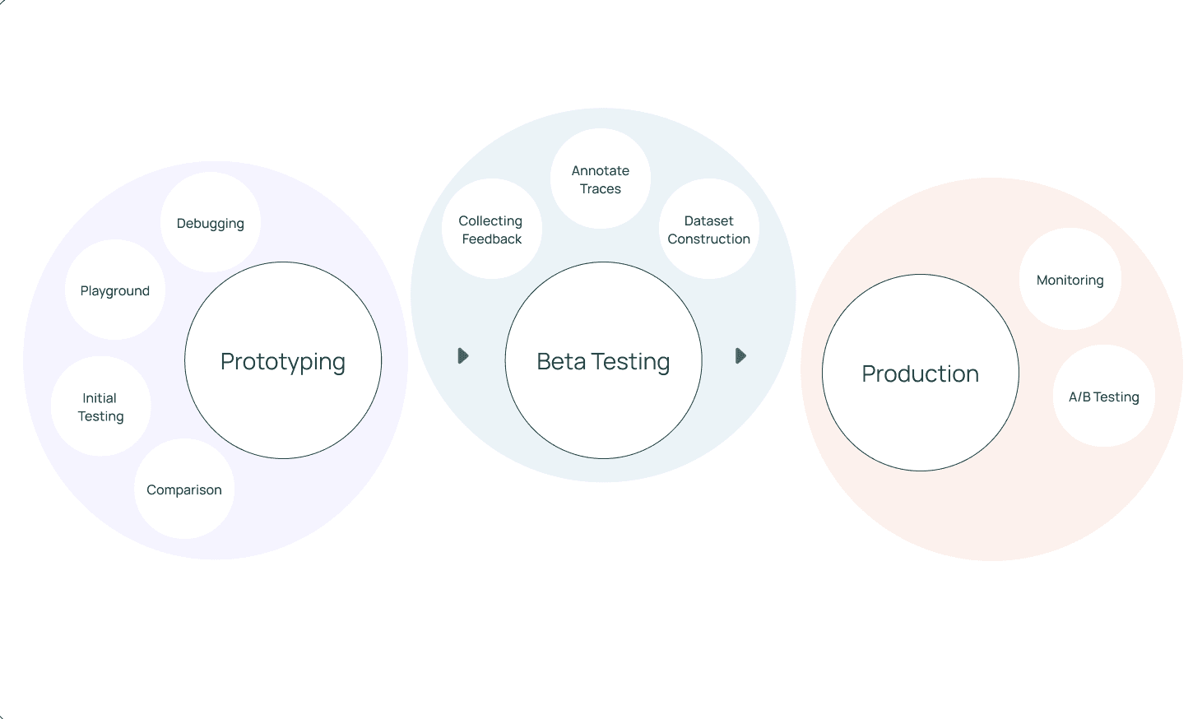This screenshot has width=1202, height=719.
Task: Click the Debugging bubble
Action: (211, 223)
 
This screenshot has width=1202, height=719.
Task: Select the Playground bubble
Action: (115, 290)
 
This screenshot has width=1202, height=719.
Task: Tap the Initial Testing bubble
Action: (100, 406)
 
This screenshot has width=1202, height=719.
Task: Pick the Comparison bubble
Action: (184, 489)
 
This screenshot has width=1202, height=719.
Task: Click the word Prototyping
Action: (283, 362)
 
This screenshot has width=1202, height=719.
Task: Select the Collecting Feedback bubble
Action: (491, 230)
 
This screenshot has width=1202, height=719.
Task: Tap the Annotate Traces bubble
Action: (601, 179)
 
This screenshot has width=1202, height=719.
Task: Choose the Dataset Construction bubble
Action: (709, 230)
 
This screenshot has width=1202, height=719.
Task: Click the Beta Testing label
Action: (603, 362)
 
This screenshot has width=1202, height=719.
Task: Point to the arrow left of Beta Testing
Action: (463, 356)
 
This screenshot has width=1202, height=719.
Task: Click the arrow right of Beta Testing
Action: (740, 356)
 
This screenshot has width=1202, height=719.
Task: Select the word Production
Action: (920, 374)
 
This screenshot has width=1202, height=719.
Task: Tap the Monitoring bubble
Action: (1070, 280)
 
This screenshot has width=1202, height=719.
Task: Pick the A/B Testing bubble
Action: (1103, 397)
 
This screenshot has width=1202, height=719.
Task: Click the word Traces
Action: (601, 189)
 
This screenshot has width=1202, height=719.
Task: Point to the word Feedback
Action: (492, 239)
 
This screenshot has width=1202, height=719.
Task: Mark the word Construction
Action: (709, 239)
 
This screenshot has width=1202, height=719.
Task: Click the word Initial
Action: (100, 398)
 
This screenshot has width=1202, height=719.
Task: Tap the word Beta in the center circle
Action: (561, 362)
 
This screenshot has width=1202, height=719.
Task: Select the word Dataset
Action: (709, 220)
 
